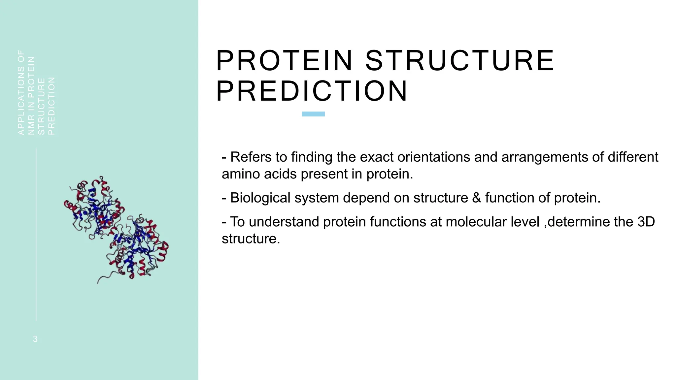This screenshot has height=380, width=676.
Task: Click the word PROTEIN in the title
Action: coord(285,60)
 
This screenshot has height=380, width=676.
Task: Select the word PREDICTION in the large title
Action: coord(312,91)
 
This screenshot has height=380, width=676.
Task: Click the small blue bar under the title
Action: coord(313,114)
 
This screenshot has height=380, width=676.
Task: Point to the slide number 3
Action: coord(35,339)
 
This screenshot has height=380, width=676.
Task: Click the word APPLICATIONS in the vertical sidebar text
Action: coord(21,101)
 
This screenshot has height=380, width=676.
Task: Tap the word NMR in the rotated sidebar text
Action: coord(31,127)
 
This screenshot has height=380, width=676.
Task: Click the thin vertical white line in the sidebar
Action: coord(36,234)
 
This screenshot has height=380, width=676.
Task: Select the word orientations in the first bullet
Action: coord(433,157)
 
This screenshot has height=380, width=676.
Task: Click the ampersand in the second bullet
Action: coord(476,198)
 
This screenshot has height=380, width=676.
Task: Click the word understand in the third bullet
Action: coord(284,222)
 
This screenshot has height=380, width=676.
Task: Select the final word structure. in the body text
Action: coord(251,239)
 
